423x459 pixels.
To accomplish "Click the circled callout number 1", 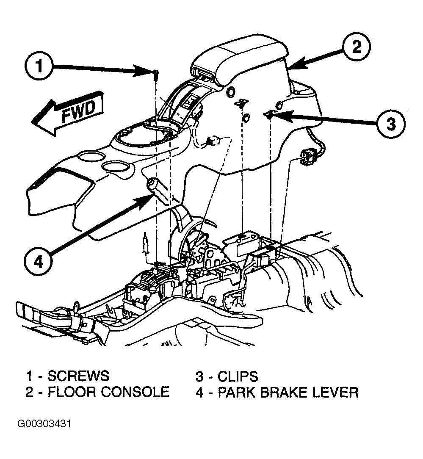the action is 39,66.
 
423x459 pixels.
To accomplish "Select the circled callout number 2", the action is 357,47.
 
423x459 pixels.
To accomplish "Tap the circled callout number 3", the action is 391,124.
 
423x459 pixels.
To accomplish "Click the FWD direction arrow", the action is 68,113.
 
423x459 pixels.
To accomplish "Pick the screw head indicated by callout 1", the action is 156,72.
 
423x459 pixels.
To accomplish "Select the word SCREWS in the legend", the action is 78,376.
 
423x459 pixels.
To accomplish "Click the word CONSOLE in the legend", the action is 135,392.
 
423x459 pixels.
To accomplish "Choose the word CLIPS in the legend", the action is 238,376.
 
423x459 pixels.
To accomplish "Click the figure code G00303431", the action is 44,424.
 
